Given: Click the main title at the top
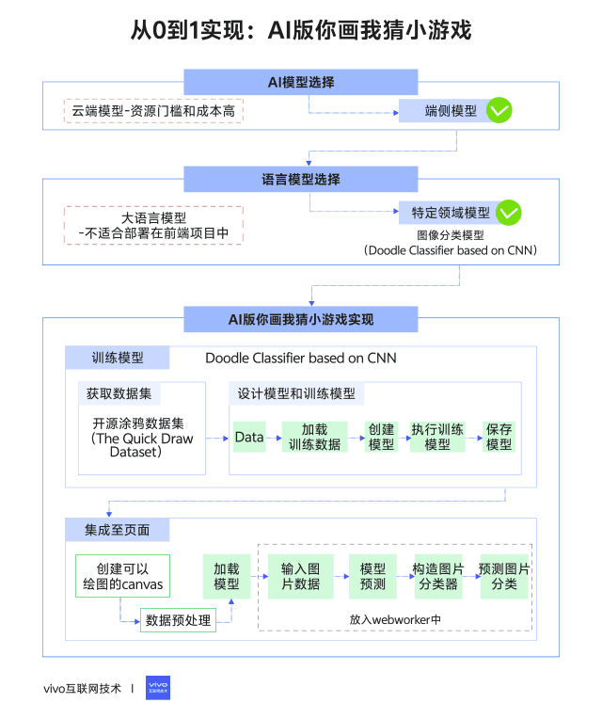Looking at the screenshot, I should pyautogui.click(x=300, y=31).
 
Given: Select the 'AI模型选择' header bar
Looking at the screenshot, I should pyautogui.click(x=300, y=82).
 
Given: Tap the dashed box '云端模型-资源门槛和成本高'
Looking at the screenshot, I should pyautogui.click(x=154, y=111).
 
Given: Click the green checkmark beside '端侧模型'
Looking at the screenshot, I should pyautogui.click(x=499, y=112).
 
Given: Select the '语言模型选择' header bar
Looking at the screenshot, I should pyautogui.click(x=300, y=179).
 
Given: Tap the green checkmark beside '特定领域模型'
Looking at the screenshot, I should pyautogui.click(x=508, y=213).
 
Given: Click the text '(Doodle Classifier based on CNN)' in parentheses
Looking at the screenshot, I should pyautogui.click(x=450, y=251).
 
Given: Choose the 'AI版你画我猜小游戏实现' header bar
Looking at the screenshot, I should pyautogui.click(x=300, y=319).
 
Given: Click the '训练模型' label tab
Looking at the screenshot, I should pyautogui.click(x=118, y=359).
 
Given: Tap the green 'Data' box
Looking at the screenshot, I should pyautogui.click(x=249, y=437).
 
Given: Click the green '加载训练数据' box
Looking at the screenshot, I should pyautogui.click(x=314, y=437).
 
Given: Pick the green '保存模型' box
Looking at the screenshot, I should pyautogui.click(x=499, y=437).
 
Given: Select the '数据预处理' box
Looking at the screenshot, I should pyautogui.click(x=177, y=620).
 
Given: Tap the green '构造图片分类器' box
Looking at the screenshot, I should pyautogui.click(x=438, y=576).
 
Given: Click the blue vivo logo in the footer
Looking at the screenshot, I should pyautogui.click(x=158, y=688).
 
